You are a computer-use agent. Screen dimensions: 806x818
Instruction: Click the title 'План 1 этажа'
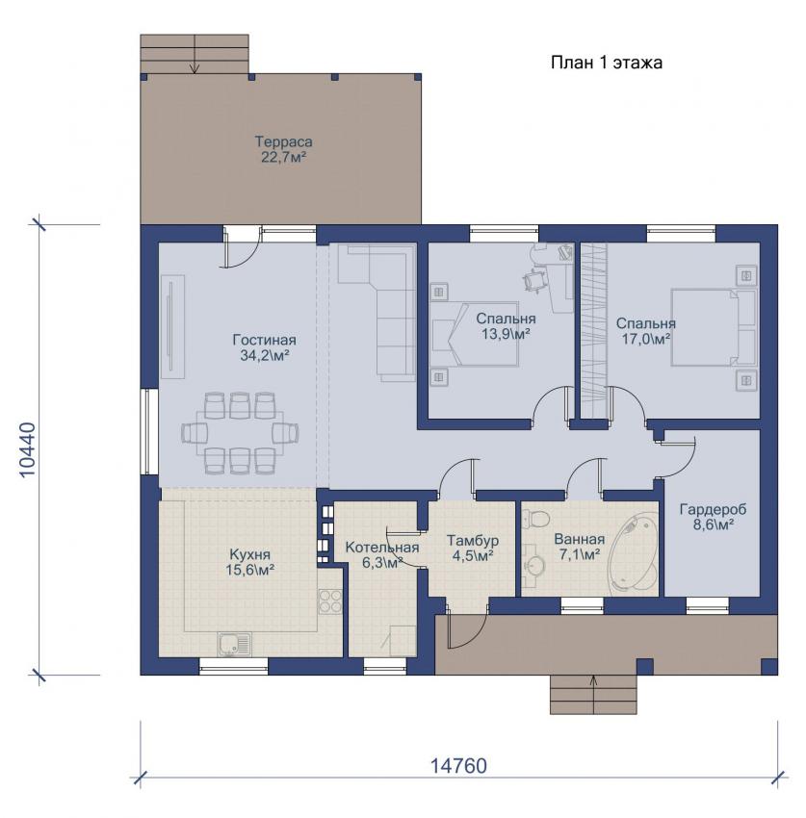pos(606,63)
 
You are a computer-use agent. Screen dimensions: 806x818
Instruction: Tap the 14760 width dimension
pos(458,766)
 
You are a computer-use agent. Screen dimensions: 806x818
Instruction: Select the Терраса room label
pos(283,149)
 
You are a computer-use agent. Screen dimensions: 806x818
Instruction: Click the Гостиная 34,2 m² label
pos(264,348)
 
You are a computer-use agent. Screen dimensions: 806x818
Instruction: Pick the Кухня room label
pos(250,561)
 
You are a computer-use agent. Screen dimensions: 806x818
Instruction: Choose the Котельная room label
pos(382,554)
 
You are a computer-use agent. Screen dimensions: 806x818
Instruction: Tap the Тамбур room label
pos(473,548)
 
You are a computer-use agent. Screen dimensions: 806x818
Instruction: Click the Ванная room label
pos(580,547)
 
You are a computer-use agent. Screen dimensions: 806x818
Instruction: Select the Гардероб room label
pos(714,517)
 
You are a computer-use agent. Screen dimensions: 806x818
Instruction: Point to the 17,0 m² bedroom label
pos(646,331)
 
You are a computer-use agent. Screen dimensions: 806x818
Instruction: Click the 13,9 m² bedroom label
pos(506,326)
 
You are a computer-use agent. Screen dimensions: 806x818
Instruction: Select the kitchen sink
pos(234,644)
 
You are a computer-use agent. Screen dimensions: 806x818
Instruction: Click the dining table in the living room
pos(240,433)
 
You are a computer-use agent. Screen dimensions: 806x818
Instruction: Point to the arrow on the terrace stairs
pos(195,53)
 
